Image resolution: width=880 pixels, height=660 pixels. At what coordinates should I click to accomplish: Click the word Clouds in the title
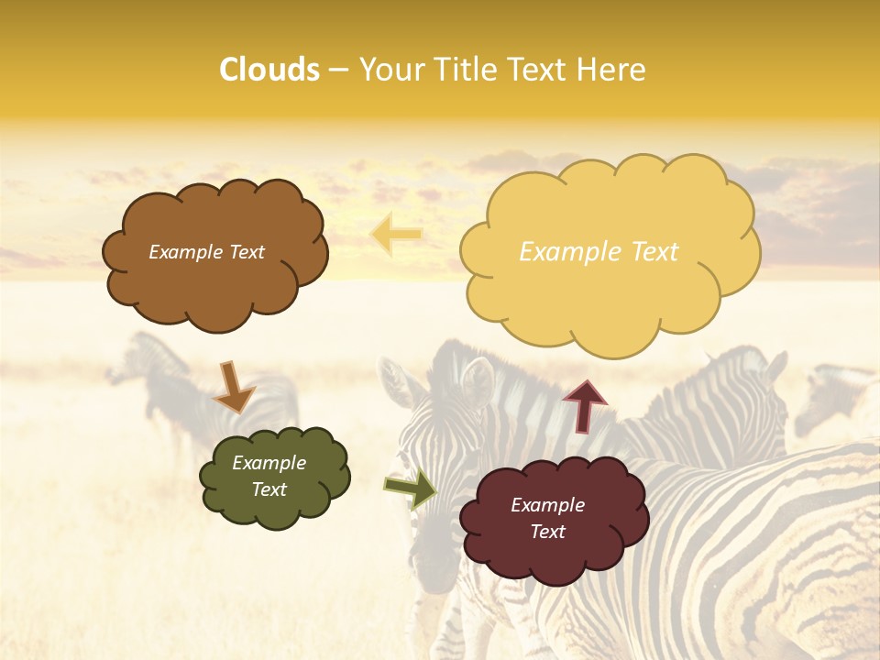tap(269, 70)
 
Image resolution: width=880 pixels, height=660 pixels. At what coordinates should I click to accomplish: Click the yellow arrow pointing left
tap(396, 235)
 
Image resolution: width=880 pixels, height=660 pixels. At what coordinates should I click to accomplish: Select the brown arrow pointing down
tap(233, 387)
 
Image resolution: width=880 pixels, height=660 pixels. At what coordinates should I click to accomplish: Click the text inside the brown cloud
tap(206, 252)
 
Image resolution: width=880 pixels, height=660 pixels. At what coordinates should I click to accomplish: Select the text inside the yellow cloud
tap(599, 252)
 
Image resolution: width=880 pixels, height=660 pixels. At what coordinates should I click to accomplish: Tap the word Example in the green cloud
tap(269, 463)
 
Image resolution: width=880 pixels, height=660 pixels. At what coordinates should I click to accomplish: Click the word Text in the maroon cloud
tap(547, 532)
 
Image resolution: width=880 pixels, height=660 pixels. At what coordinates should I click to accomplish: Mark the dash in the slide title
tap(338, 71)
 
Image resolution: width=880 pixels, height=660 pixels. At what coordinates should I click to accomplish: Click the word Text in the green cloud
tap(269, 489)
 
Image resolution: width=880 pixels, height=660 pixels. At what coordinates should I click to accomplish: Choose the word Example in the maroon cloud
tap(547, 505)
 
